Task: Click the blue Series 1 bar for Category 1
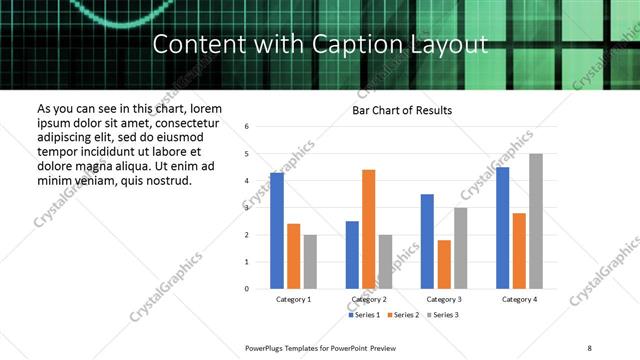(x=277, y=231)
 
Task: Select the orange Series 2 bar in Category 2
(x=368, y=229)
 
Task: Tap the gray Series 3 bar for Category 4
(x=536, y=221)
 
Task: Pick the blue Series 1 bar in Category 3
(x=427, y=241)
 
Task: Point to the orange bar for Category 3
(x=444, y=264)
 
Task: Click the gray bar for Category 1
(x=310, y=262)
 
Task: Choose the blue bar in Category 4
(x=502, y=228)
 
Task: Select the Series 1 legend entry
(x=365, y=315)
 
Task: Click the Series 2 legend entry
(x=403, y=315)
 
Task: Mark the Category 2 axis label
(x=368, y=299)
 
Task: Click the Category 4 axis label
(x=519, y=299)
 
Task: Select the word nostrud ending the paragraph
(x=165, y=180)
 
